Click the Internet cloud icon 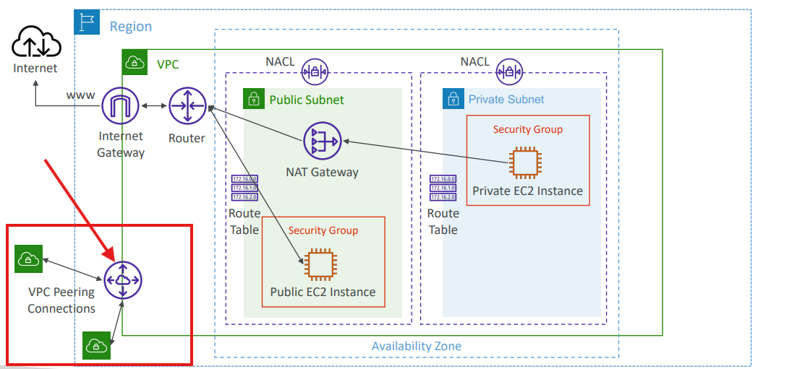[x=35, y=41]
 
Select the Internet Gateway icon [x=121, y=107]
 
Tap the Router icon [x=187, y=107]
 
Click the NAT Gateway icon [x=322, y=142]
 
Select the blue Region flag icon [x=86, y=22]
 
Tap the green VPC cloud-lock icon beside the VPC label [x=134, y=64]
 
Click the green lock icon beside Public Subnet [x=253, y=98]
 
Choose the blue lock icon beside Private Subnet [x=453, y=98]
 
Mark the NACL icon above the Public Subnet [x=315, y=71]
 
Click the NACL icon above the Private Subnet [x=510, y=71]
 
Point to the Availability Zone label [x=416, y=346]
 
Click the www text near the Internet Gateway [x=80, y=95]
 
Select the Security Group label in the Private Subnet [x=527, y=129]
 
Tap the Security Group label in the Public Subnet [x=323, y=230]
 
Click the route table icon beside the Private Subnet [x=443, y=188]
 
